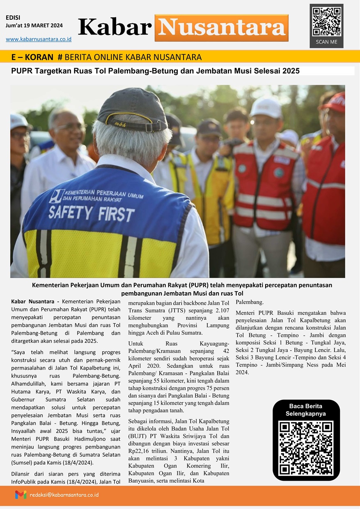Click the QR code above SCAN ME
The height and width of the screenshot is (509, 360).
326,21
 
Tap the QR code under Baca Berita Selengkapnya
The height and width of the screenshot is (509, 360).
306,448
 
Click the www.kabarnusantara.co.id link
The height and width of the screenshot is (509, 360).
39,39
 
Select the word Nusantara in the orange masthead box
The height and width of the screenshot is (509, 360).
222,28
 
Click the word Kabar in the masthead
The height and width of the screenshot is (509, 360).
115,27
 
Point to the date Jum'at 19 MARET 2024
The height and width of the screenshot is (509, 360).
34,25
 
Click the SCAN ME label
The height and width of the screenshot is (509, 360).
326,42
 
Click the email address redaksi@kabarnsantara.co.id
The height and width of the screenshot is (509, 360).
64,495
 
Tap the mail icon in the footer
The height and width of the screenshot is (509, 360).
21,495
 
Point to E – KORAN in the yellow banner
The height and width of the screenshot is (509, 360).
32,57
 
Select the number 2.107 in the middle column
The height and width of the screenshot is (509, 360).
221,311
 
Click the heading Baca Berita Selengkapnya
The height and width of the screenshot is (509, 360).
306,410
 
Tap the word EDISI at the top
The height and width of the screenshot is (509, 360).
13,18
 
